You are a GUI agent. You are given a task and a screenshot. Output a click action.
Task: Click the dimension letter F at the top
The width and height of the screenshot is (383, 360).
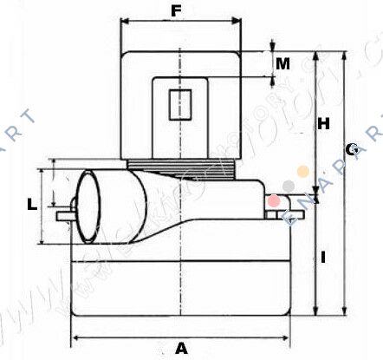click(x=178, y=12)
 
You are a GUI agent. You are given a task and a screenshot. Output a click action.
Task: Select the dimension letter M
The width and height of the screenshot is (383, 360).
click(x=282, y=63)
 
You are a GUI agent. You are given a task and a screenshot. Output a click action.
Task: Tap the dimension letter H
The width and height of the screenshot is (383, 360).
click(x=322, y=124)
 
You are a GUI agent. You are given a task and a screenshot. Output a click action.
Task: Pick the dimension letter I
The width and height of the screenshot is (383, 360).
click(x=322, y=257)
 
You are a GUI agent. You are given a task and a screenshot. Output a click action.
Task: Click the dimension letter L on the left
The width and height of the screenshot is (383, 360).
click(x=31, y=205)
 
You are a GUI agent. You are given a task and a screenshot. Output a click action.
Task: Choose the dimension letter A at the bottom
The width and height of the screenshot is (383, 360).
click(x=181, y=348)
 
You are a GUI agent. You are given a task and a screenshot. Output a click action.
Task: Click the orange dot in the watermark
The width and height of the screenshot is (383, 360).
click(x=302, y=172)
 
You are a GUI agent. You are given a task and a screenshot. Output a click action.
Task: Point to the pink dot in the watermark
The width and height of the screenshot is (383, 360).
click(x=274, y=200)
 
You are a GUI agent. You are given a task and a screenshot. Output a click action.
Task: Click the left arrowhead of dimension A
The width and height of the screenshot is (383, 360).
click(x=75, y=337)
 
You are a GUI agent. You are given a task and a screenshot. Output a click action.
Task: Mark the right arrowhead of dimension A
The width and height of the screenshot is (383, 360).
click(x=286, y=337)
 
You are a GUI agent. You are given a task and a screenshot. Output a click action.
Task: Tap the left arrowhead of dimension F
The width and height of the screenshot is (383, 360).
click(x=124, y=23)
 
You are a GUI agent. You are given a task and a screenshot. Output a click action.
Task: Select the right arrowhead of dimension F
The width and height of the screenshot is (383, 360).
click(x=236, y=23)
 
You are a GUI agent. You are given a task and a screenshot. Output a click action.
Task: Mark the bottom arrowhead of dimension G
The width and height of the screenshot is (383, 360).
click(x=345, y=312)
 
